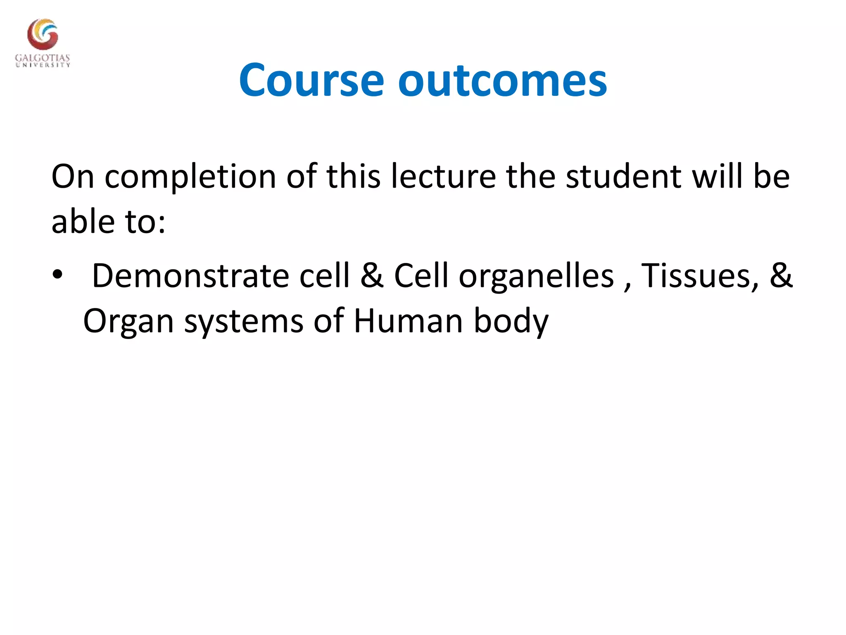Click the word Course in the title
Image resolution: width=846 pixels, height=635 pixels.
pos(311,81)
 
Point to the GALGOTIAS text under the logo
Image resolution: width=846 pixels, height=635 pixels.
pos(43,58)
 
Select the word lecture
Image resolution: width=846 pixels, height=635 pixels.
pos(443,177)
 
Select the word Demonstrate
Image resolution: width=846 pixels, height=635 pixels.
pos(190,276)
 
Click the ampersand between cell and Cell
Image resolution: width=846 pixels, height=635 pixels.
pos(372,276)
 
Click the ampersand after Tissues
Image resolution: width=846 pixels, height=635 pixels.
pos(781,276)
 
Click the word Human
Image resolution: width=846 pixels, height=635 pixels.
pos(408,321)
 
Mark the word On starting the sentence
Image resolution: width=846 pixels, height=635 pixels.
pos(73,177)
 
